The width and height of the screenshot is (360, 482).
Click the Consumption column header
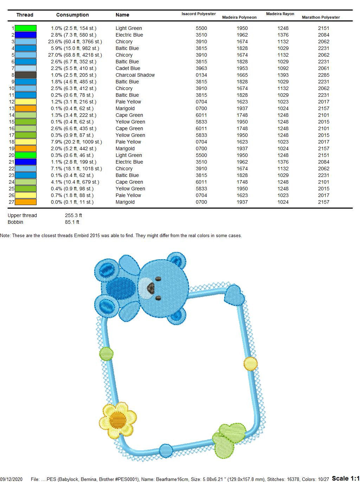[x=72, y=15]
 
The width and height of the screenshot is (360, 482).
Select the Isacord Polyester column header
[x=199, y=14]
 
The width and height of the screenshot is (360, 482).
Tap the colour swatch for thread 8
[x=26, y=75]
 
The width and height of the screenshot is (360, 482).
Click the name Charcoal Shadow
[x=135, y=75]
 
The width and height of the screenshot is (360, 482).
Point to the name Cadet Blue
[x=128, y=68]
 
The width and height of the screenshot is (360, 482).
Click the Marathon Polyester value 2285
[x=323, y=75]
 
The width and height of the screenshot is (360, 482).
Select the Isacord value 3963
[x=201, y=68]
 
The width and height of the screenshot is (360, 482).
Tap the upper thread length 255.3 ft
[x=73, y=215]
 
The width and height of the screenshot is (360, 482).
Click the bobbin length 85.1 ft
[x=72, y=222]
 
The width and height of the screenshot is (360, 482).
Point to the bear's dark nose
[x=150, y=287]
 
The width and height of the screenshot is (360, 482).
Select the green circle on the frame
[x=106, y=354]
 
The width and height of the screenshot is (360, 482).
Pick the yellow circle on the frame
[x=250, y=363]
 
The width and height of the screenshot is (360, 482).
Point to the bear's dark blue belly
[x=121, y=288]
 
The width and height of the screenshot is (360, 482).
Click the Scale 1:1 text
[x=346, y=478]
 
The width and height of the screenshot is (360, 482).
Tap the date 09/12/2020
[x=11, y=479]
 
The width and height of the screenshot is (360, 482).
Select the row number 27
[x=11, y=202]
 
